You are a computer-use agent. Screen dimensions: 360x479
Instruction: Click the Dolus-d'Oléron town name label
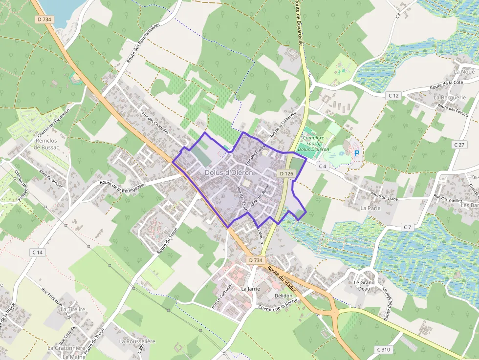(x=229, y=172)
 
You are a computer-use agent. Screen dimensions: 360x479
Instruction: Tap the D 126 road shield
(x=286, y=173)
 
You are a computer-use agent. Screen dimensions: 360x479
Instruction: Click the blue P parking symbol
(x=356, y=153)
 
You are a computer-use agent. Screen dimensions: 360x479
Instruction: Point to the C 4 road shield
(x=321, y=166)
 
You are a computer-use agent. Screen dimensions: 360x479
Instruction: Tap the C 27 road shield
(x=458, y=145)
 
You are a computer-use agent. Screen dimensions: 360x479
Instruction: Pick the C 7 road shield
(x=408, y=227)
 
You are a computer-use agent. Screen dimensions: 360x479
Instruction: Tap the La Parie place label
(x=370, y=208)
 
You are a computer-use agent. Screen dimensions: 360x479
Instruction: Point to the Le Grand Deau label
(x=364, y=286)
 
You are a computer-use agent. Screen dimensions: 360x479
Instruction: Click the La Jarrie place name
(x=251, y=289)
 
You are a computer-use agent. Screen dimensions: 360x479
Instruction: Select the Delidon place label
(x=283, y=296)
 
